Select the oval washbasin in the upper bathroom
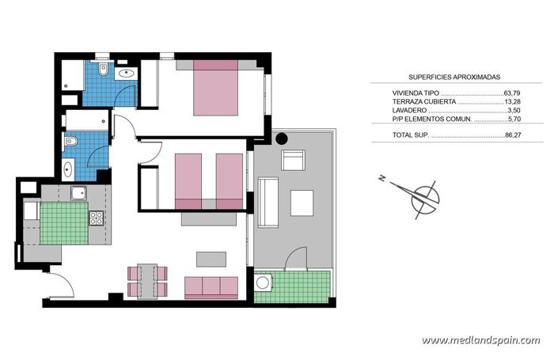tap(125, 74)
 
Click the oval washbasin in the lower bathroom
tap(69, 168)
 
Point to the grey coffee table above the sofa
tap(211, 259)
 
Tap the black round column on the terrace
tap(280, 138)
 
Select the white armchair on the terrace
tap(294, 161)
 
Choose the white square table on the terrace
tap(302, 203)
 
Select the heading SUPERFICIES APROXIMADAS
tap(454, 78)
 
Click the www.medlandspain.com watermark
tap(480, 340)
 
